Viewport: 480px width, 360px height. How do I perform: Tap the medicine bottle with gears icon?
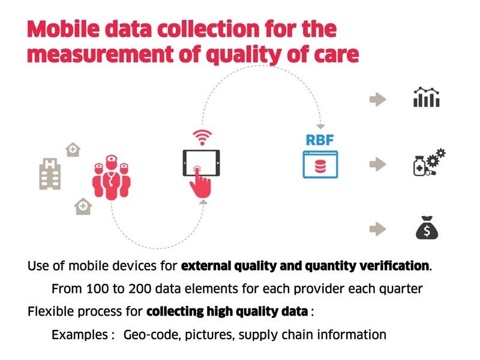coord(428,163)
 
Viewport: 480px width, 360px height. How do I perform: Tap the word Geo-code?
coord(148,334)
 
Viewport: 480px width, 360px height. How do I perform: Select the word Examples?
coord(80,334)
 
